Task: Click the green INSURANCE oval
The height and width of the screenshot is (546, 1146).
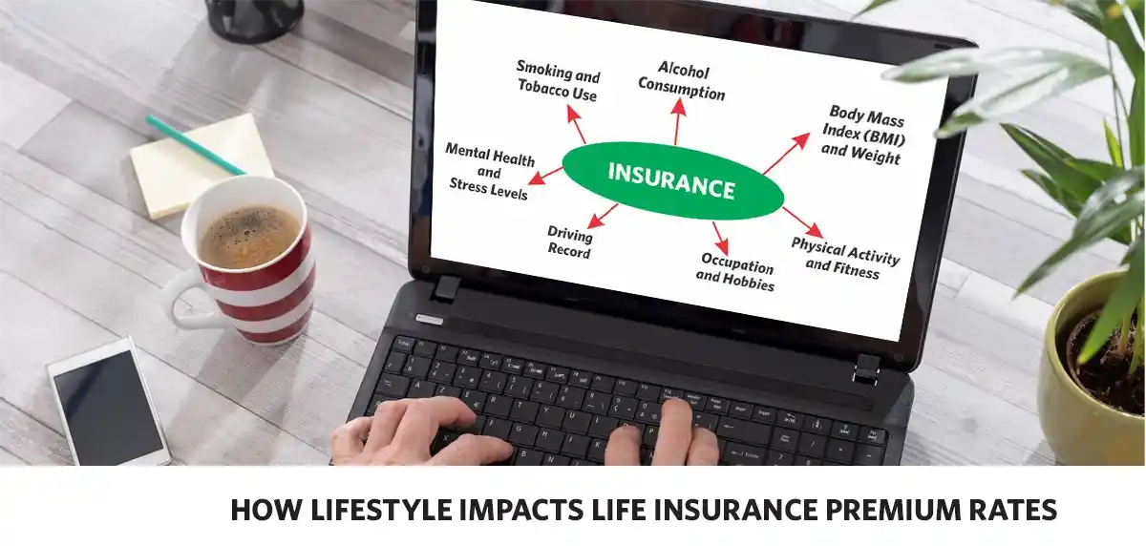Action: tap(672, 180)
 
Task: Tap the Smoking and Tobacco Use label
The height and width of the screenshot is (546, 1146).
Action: tap(558, 81)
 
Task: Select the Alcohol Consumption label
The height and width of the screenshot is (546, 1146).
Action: tap(682, 81)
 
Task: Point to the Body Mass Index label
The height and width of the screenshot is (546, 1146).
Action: tap(863, 136)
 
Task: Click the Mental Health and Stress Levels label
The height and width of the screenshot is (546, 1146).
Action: tap(490, 171)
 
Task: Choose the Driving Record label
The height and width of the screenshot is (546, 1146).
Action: tap(569, 242)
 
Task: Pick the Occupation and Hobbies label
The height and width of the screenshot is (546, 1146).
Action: tap(735, 272)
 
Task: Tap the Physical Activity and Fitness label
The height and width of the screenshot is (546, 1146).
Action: tap(844, 259)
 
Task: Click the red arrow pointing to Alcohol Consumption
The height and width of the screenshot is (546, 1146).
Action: tap(678, 121)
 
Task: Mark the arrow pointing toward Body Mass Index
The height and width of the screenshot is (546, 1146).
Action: tap(786, 154)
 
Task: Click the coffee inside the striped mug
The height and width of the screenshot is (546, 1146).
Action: tap(249, 236)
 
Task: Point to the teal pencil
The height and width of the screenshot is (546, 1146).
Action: tap(195, 146)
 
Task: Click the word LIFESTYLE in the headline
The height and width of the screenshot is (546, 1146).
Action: tap(382, 510)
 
